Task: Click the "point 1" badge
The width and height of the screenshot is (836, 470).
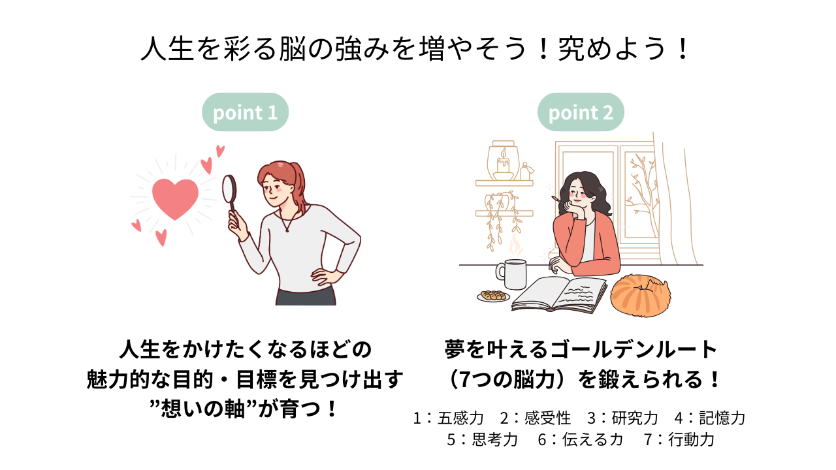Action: (x=245, y=112)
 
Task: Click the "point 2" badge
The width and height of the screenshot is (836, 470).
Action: (x=581, y=112)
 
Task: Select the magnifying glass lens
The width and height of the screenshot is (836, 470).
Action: (x=229, y=189)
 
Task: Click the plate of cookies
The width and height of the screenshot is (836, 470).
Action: (x=493, y=296)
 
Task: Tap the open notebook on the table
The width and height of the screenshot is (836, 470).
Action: (x=559, y=294)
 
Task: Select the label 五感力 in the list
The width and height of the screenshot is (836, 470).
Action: (x=460, y=418)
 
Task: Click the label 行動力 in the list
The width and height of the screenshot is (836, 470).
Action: (x=691, y=440)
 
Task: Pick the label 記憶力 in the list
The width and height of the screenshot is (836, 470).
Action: (x=722, y=418)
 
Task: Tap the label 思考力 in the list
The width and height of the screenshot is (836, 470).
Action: (x=495, y=440)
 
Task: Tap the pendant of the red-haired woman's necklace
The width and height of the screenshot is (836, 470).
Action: (x=287, y=230)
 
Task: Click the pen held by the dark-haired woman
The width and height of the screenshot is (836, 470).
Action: (x=559, y=200)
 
